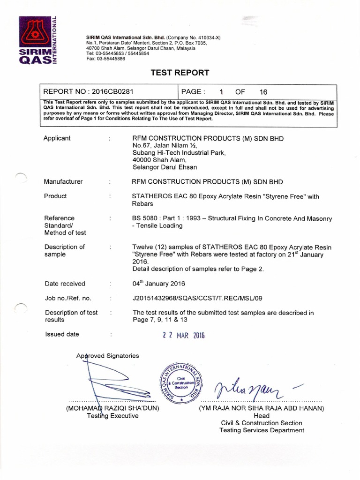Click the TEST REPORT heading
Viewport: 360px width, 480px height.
pos(180,73)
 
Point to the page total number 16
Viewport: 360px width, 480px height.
pos(263,92)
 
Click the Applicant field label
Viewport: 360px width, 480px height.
pos(57,138)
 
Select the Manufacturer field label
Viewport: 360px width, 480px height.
pos(63,181)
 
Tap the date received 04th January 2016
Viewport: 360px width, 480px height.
pos(159,284)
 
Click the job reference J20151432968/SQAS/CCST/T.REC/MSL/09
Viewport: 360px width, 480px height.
pos(198,298)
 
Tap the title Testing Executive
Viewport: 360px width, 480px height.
pos(113,416)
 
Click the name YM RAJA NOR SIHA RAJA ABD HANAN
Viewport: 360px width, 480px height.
pos(262,408)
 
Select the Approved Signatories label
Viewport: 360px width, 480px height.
pos(108,356)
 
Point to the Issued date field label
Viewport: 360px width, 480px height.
pos(62,334)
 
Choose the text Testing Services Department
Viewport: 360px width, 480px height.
pos(262,430)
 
